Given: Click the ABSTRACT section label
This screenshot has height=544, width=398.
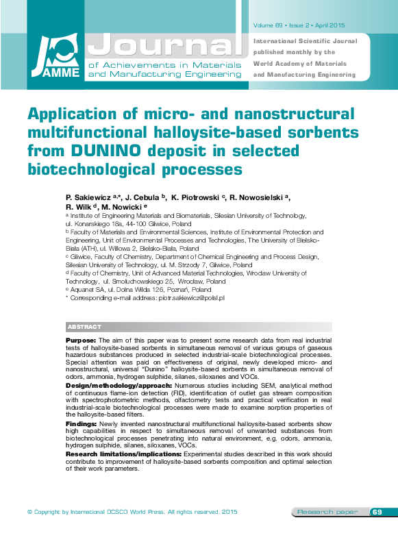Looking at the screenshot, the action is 84,327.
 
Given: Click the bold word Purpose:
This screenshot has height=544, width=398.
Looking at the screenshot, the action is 81,341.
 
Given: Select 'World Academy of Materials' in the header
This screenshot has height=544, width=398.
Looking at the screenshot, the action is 300,63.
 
